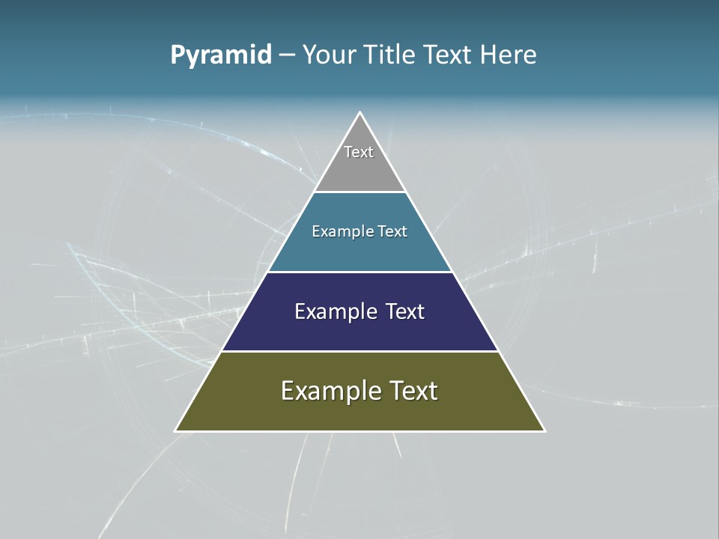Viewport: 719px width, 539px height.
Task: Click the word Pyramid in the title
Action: coord(221,55)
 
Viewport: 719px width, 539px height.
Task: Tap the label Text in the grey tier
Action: coord(359,152)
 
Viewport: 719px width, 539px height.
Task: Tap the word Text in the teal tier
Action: coord(393,231)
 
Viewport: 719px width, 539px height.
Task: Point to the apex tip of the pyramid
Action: coord(359,114)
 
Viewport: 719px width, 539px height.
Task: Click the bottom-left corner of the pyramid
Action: coord(177,430)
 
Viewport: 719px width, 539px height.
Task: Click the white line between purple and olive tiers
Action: coord(359,351)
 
